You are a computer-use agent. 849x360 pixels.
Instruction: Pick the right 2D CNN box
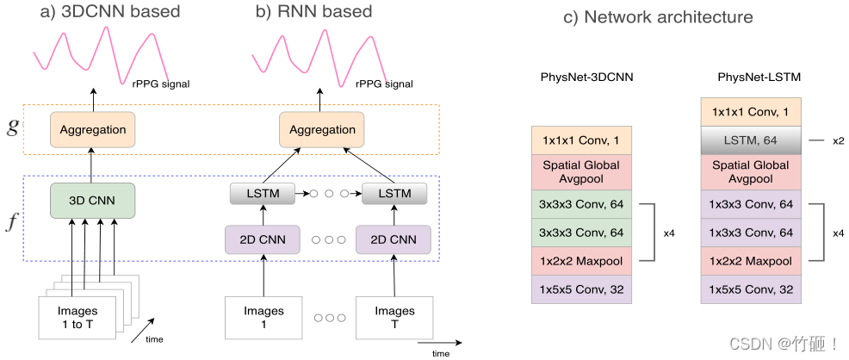click(393, 239)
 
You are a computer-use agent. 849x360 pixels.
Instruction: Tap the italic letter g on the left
click(11, 130)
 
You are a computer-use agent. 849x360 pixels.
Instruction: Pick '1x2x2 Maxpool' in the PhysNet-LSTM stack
click(752, 259)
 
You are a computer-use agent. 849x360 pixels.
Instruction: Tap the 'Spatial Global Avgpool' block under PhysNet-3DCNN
click(582, 171)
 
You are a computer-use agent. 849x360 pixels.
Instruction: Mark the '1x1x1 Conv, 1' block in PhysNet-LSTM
click(752, 112)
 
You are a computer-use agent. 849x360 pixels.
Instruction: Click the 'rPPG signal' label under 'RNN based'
click(385, 84)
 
